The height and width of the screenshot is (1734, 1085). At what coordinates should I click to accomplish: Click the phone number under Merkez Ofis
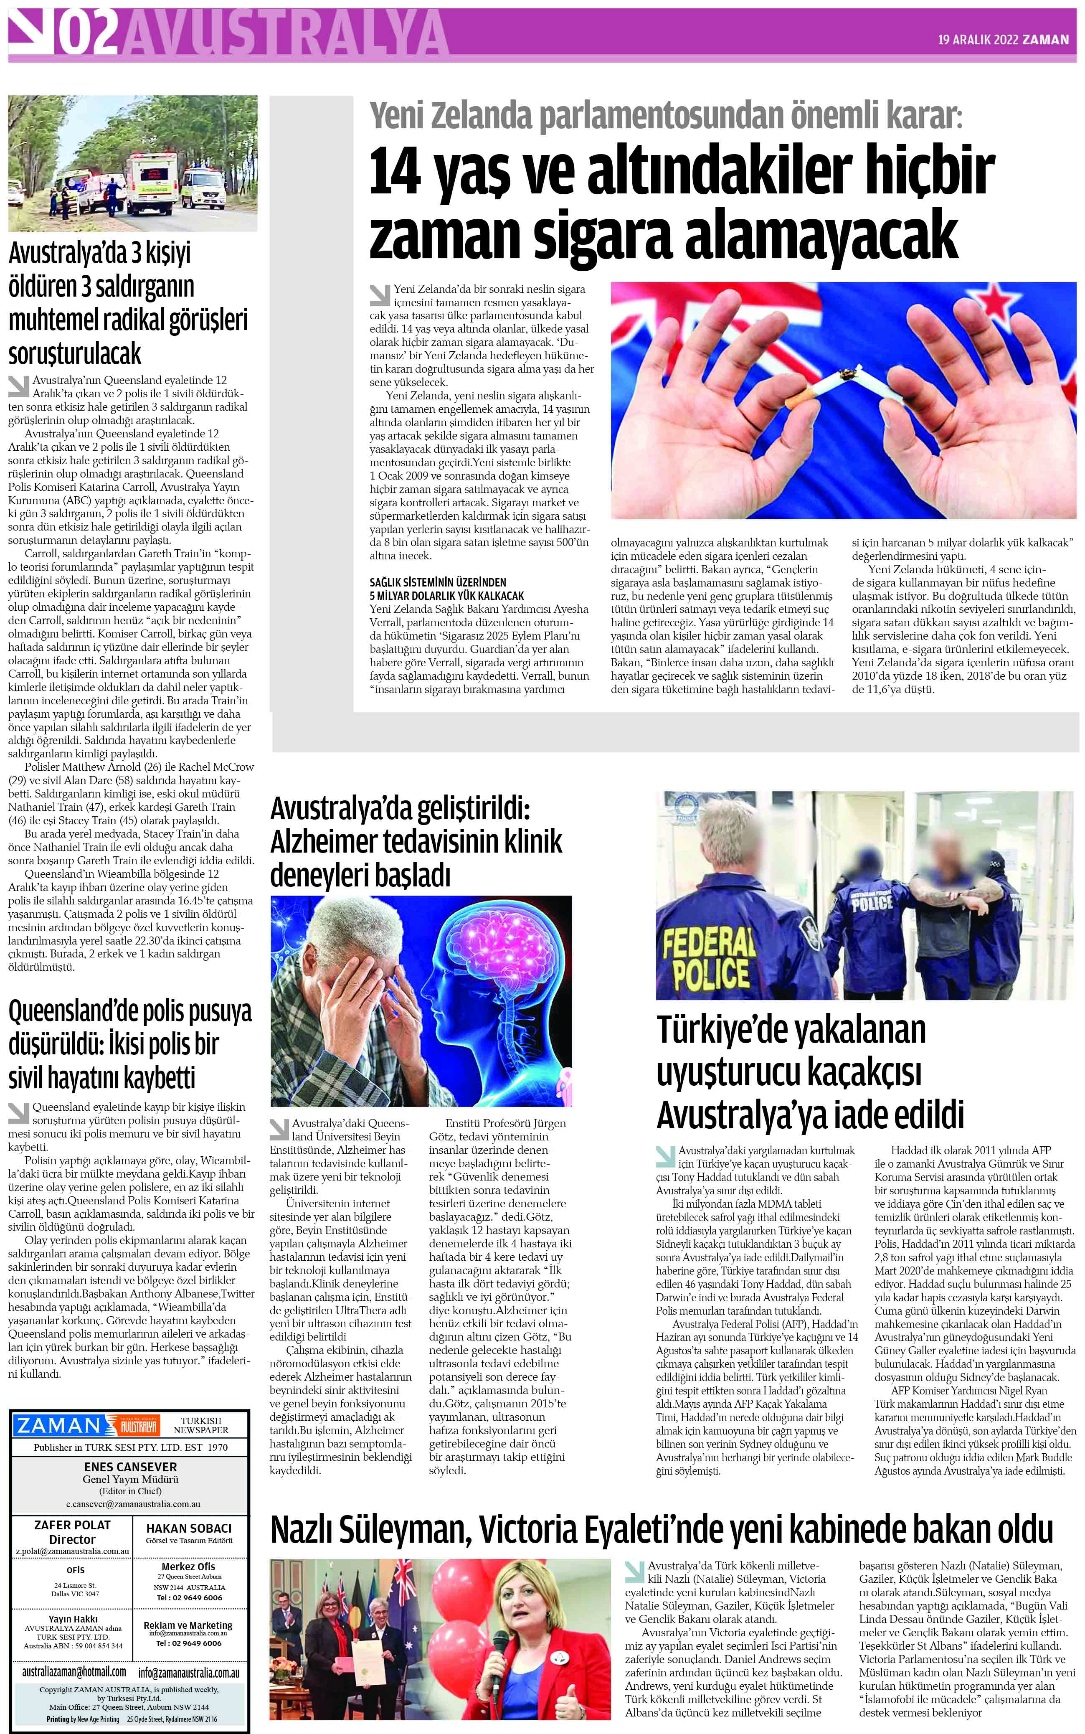[190, 1598]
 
